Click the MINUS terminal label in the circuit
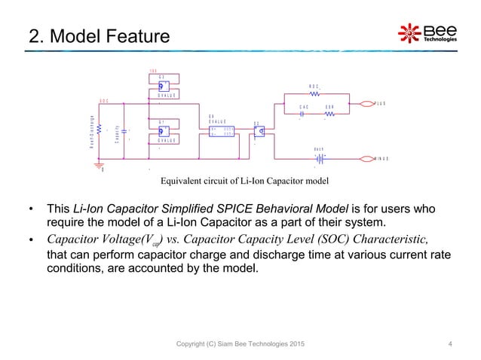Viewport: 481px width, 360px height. pyautogui.click(x=384, y=159)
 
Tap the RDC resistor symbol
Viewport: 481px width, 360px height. pyautogui.click(x=317, y=95)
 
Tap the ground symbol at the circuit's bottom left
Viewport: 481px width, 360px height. pyautogui.click(x=103, y=165)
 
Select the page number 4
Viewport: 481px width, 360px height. pyautogui.click(x=450, y=345)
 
